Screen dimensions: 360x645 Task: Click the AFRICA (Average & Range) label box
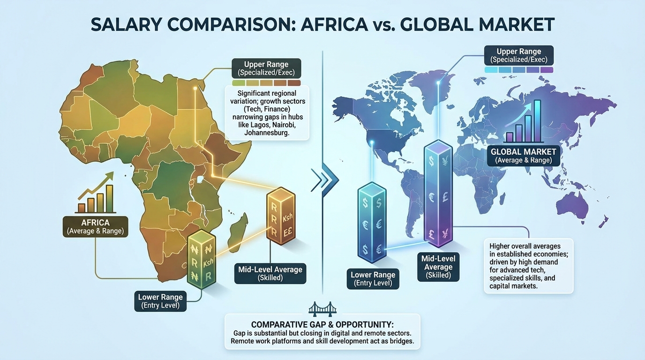coord(95,226)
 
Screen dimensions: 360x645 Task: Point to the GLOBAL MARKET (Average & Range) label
coord(523,156)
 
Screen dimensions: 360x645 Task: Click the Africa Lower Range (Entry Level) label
coord(160,301)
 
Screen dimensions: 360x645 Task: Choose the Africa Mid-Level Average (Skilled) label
coord(270,273)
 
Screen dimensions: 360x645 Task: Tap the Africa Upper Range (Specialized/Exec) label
coord(266,68)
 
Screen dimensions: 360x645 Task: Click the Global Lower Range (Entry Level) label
coord(373,279)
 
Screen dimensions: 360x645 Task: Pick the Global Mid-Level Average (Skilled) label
coord(438,267)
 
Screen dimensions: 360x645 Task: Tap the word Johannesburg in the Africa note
coord(267,133)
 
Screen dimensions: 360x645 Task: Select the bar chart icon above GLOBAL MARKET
coord(523,123)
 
